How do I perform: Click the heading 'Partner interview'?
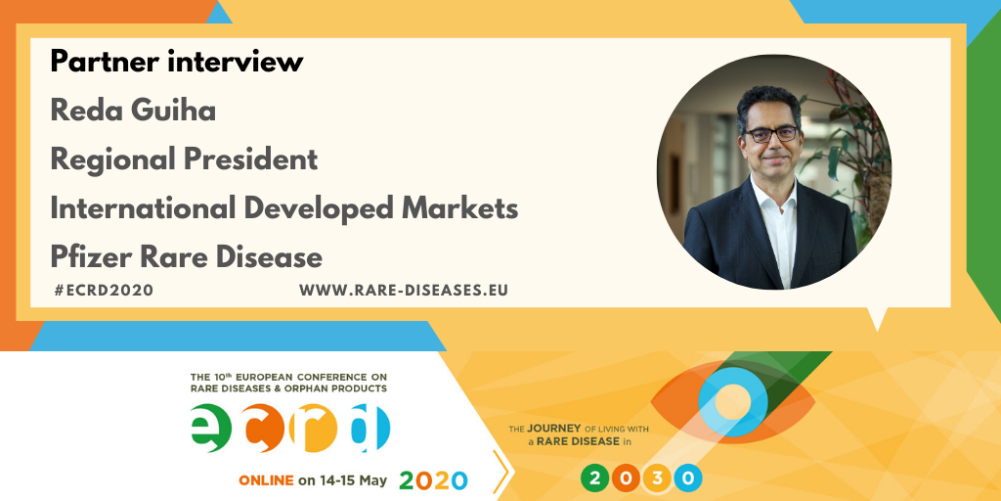tap(177, 62)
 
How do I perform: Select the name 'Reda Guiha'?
tap(133, 111)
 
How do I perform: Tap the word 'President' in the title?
tap(250, 159)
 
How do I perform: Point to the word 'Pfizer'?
tap(91, 257)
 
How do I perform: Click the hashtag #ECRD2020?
tap(104, 290)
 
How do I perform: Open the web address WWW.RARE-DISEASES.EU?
tap(404, 290)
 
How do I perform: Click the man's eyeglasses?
tap(772, 134)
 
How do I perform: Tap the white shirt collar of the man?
tap(774, 192)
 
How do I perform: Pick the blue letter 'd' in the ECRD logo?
tap(370, 427)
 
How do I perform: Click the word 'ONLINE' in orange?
tap(266, 480)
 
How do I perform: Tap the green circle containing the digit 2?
tap(595, 478)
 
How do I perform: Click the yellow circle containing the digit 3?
tap(657, 478)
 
